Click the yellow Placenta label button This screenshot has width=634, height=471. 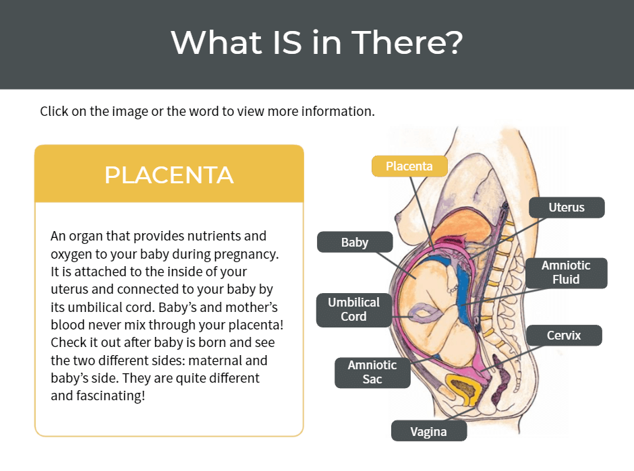(409, 166)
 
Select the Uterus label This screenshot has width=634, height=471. (566, 208)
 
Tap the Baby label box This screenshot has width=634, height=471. (355, 243)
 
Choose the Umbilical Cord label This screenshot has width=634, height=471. (353, 309)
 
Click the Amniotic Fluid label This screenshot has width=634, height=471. (565, 272)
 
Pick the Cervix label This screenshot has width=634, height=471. (564, 335)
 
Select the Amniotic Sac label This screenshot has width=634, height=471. (372, 372)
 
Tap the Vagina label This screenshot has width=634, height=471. (428, 431)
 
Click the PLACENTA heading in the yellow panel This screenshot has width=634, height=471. (169, 175)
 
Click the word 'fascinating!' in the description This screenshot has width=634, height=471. (98, 396)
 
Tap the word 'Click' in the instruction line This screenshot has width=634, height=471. (54, 111)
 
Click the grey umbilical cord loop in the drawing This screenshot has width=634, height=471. (425, 312)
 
